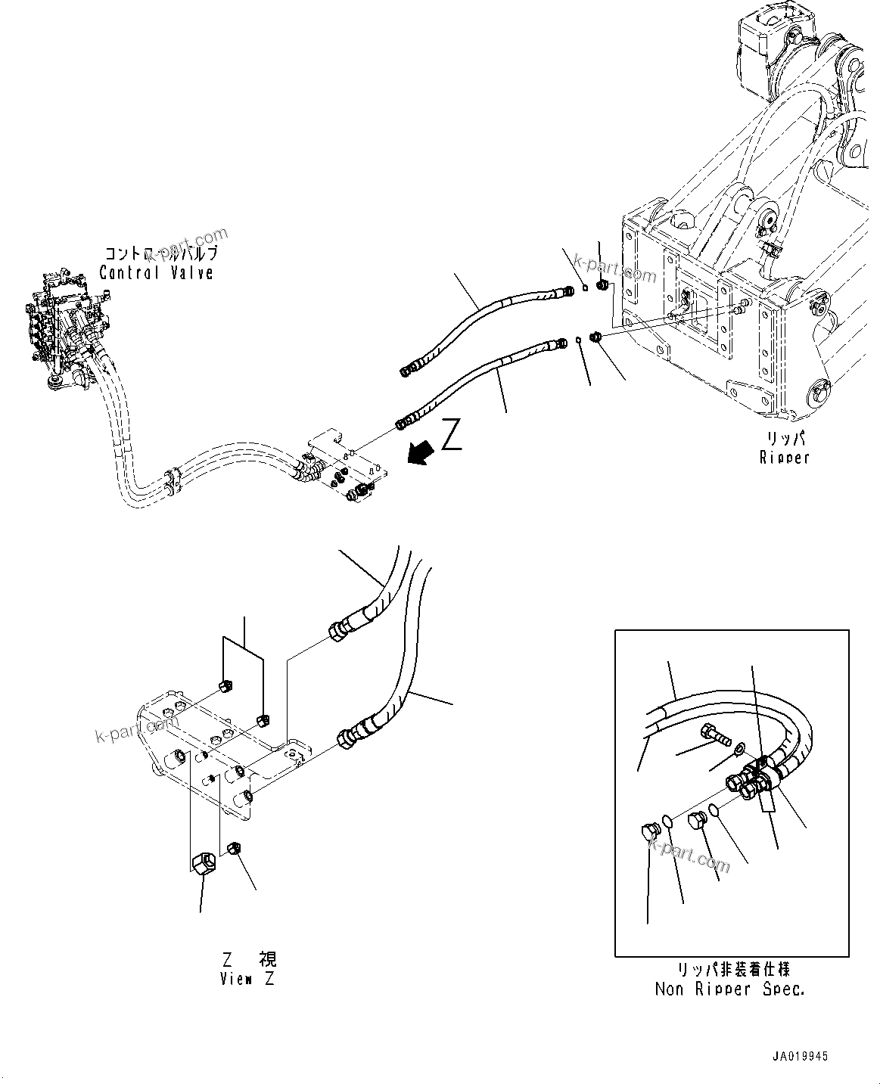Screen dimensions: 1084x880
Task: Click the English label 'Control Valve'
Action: tap(156, 272)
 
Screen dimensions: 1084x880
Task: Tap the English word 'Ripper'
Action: tap(784, 457)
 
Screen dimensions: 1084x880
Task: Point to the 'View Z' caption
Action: tap(247, 979)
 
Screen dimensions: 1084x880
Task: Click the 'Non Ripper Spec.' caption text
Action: tap(729, 989)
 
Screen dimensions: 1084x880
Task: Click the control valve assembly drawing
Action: tap(64, 330)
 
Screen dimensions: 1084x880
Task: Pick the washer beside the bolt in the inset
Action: tap(738, 750)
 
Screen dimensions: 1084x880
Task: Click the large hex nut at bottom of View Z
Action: tap(203, 862)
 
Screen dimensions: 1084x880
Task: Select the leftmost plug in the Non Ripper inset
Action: tap(649, 833)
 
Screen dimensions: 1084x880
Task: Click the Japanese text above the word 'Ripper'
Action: tap(784, 439)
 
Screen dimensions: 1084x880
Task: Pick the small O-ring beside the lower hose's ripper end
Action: tap(578, 340)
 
